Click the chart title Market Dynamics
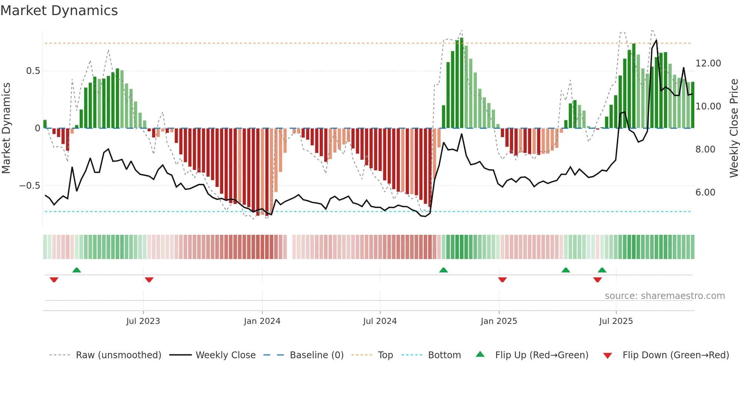59,11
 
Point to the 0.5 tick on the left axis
33,71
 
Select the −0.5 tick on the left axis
29,186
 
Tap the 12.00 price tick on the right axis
708,63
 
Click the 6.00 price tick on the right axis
705,193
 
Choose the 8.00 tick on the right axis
705,149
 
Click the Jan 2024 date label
262,321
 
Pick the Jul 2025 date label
616,321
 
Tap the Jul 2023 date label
143,321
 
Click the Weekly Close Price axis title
734,128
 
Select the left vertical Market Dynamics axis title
6,128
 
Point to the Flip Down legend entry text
675,355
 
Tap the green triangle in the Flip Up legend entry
480,354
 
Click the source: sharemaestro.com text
664,296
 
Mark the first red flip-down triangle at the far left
54,280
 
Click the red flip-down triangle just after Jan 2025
502,280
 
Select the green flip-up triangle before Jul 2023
77,270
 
